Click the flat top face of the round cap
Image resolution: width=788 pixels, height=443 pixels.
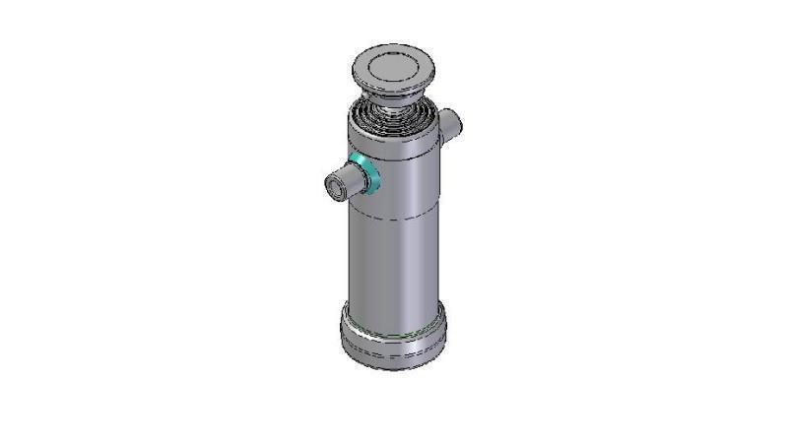pyautogui.click(x=390, y=66)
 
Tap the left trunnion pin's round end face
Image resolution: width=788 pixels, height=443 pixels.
pyautogui.click(x=335, y=185)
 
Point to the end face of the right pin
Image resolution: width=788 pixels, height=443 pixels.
pyautogui.click(x=456, y=123)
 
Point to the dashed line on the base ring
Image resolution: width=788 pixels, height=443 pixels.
pyautogui.click(x=392, y=347)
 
